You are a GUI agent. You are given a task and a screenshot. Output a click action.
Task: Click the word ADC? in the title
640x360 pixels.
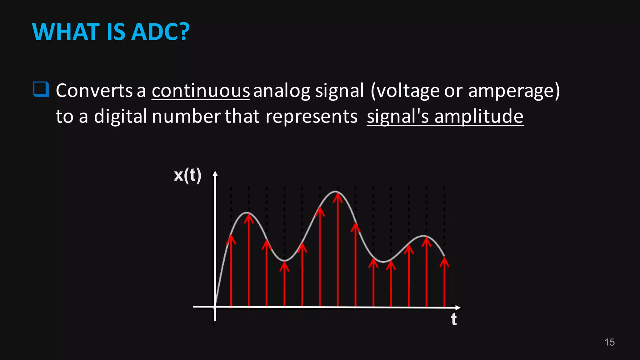coord(160,32)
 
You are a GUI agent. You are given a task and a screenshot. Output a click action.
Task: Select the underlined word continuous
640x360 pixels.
coord(201,91)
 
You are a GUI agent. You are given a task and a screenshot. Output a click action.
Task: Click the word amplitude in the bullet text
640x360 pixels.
coord(479,116)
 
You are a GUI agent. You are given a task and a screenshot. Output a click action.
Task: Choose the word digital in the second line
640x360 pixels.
coord(120,116)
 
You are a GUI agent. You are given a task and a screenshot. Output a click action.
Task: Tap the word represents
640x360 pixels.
coord(311,116)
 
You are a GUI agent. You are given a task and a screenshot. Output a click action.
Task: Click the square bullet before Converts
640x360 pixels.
coord(41,89)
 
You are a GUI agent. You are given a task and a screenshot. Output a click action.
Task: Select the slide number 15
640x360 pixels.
coord(609,342)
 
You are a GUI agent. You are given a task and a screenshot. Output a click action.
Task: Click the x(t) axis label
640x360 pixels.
coord(187,175)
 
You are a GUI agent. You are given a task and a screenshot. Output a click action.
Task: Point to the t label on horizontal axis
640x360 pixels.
coord(454,320)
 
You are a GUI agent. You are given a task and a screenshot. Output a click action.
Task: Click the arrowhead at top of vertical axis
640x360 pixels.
coord(215,173)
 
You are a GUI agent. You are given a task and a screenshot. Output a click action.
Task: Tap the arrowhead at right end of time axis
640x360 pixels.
coord(458,307)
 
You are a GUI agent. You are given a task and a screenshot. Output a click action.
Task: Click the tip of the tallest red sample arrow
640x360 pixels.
coord(337,195)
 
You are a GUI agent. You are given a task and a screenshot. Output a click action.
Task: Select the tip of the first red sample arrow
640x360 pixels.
coord(231,236)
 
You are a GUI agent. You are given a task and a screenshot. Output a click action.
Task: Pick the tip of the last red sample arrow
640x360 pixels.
coord(444,259)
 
